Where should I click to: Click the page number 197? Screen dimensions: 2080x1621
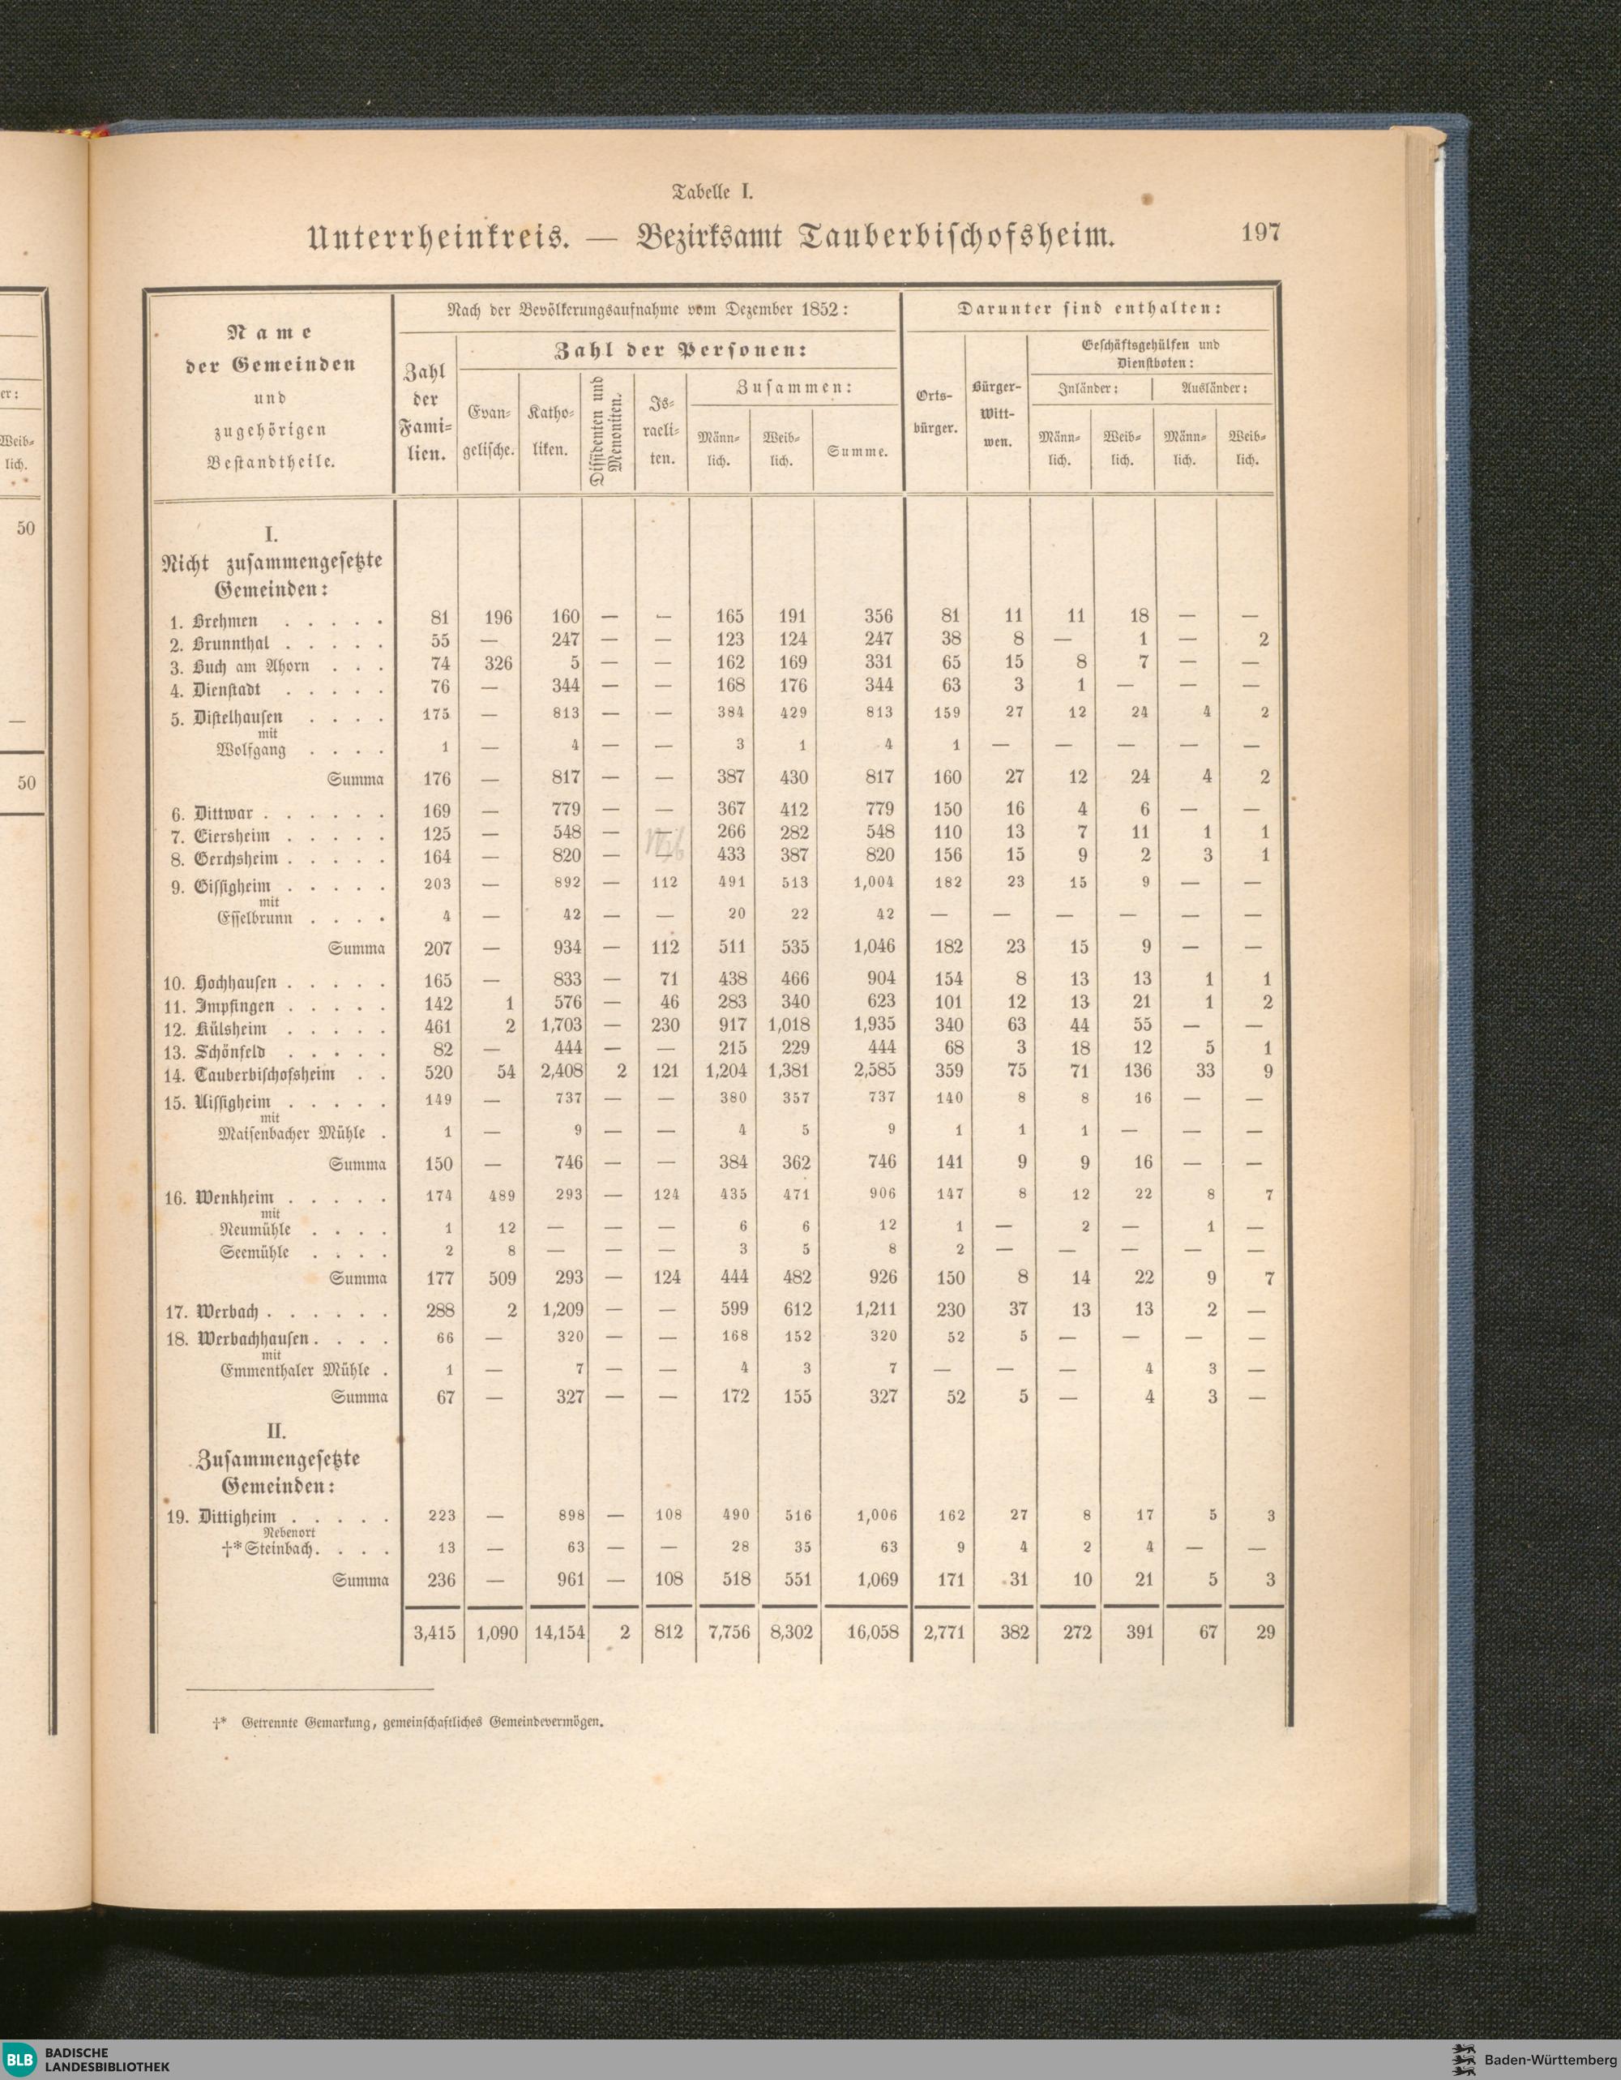coord(1261,233)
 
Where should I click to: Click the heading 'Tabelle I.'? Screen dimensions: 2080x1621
coord(713,190)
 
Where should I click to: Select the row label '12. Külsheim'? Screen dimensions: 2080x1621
coord(218,1029)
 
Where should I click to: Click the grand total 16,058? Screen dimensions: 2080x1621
coord(871,1633)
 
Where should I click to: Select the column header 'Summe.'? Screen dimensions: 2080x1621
coord(858,452)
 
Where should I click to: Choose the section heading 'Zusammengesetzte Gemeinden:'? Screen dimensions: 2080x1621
coord(277,1471)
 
